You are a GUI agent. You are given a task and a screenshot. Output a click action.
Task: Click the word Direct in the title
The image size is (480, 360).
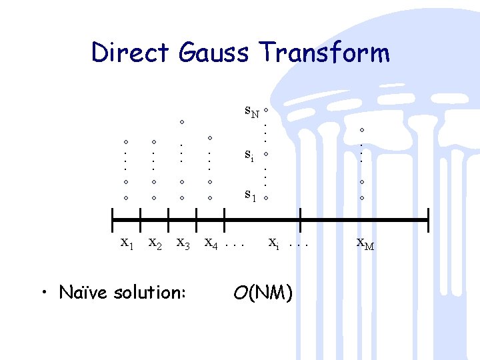[131, 52]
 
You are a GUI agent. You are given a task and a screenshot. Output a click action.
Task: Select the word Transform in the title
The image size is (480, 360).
[325, 52]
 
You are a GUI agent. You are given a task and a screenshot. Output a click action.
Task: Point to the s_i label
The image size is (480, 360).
[249, 155]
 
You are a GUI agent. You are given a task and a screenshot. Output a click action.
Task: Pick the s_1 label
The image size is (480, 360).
[250, 195]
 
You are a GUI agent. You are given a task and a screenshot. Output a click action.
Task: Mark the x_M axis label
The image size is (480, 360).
[365, 244]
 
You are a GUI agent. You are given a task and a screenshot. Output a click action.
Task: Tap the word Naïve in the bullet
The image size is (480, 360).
[83, 292]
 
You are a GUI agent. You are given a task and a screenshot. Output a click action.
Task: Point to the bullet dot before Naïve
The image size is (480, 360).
[44, 293]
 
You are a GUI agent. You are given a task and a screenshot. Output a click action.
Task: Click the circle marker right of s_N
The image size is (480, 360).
[265, 109]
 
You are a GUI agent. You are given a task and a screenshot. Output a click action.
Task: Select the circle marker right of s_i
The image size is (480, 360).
[265, 154]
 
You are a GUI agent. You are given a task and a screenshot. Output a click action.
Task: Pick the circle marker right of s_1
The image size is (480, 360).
[265, 198]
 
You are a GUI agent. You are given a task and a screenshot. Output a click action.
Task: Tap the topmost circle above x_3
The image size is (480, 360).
[181, 122]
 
